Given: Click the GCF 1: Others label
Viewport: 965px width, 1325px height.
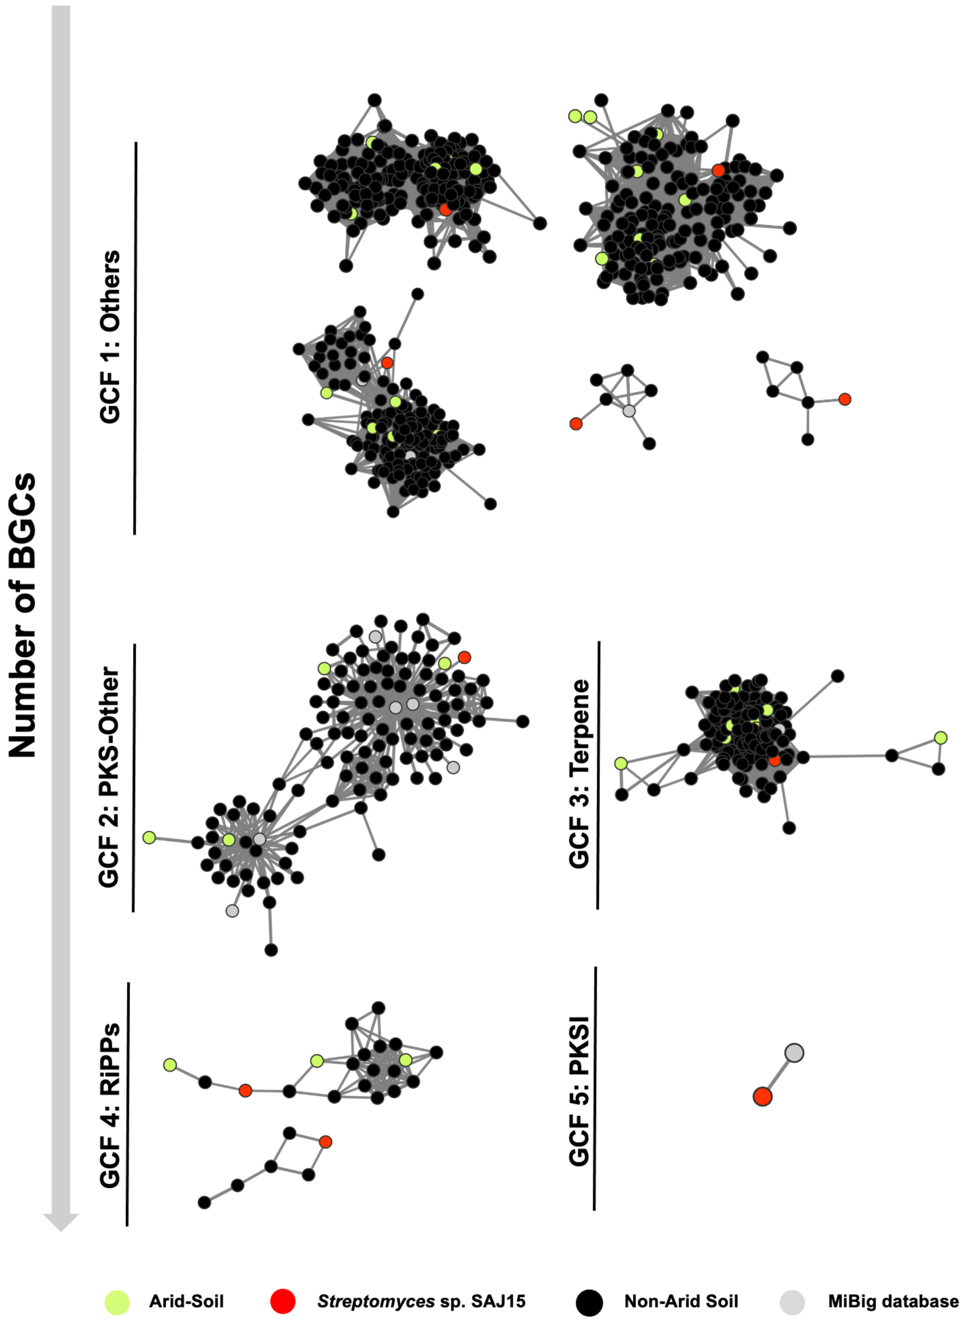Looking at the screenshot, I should (x=110, y=337).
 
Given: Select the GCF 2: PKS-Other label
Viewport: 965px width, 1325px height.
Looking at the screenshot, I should (x=109, y=777).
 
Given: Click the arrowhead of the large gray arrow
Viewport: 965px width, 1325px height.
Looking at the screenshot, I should (x=61, y=1221).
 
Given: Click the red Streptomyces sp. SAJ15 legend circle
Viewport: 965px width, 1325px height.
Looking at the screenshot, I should (x=283, y=1301).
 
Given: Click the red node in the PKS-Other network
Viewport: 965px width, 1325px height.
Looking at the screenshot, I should (x=464, y=657).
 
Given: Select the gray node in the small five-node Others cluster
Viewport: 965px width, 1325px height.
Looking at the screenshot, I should (x=629, y=411).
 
